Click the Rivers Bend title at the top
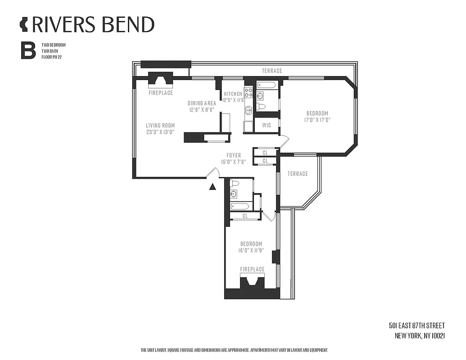(87, 24)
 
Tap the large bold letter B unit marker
(28, 51)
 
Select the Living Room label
(160, 126)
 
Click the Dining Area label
(202, 103)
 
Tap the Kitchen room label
(233, 94)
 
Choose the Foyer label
(234, 156)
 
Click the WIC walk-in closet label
(267, 125)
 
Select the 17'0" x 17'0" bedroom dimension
(317, 120)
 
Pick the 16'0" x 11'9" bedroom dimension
(251, 251)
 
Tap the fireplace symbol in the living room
(161, 80)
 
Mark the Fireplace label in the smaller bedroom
(252, 269)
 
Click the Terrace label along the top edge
(272, 71)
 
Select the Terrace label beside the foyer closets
(298, 174)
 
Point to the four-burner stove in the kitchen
(249, 92)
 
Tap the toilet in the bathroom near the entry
(234, 183)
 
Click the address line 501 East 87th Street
(416, 325)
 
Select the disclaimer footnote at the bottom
(234, 350)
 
